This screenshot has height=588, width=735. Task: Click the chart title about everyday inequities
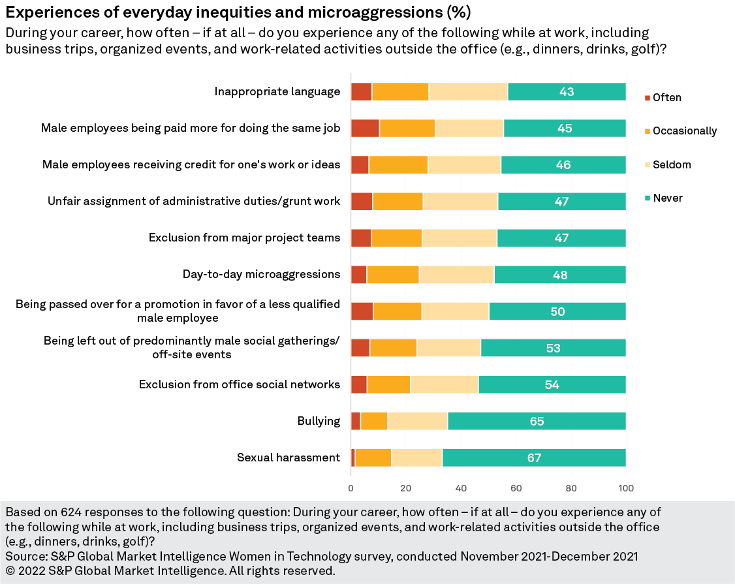pos(238,12)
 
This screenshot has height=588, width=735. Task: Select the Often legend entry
pos(666,98)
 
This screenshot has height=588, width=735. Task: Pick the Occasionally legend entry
pos(684,131)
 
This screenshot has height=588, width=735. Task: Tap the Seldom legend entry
pos(671,164)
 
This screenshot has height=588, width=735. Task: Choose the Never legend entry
pos(667,198)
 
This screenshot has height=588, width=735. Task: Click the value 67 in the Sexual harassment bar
pos(534,458)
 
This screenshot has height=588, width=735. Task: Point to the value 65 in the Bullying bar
pos(537,422)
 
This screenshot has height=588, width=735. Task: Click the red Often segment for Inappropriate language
pos(361,92)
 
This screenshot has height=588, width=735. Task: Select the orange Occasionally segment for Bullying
pos(374,422)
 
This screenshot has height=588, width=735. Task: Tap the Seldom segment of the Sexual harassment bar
pos(416,458)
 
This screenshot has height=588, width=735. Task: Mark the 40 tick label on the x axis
pos(461,488)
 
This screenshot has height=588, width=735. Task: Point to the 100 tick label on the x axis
pos(626,488)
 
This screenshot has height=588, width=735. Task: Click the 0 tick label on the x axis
pos(351,488)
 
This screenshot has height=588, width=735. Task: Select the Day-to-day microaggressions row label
pos(261,274)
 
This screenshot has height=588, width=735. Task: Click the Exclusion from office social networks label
pos(240,384)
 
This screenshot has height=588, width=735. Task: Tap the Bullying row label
pos(319,421)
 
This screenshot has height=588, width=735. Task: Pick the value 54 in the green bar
pos(552,385)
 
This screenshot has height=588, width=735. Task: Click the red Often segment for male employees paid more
pos(365,129)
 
